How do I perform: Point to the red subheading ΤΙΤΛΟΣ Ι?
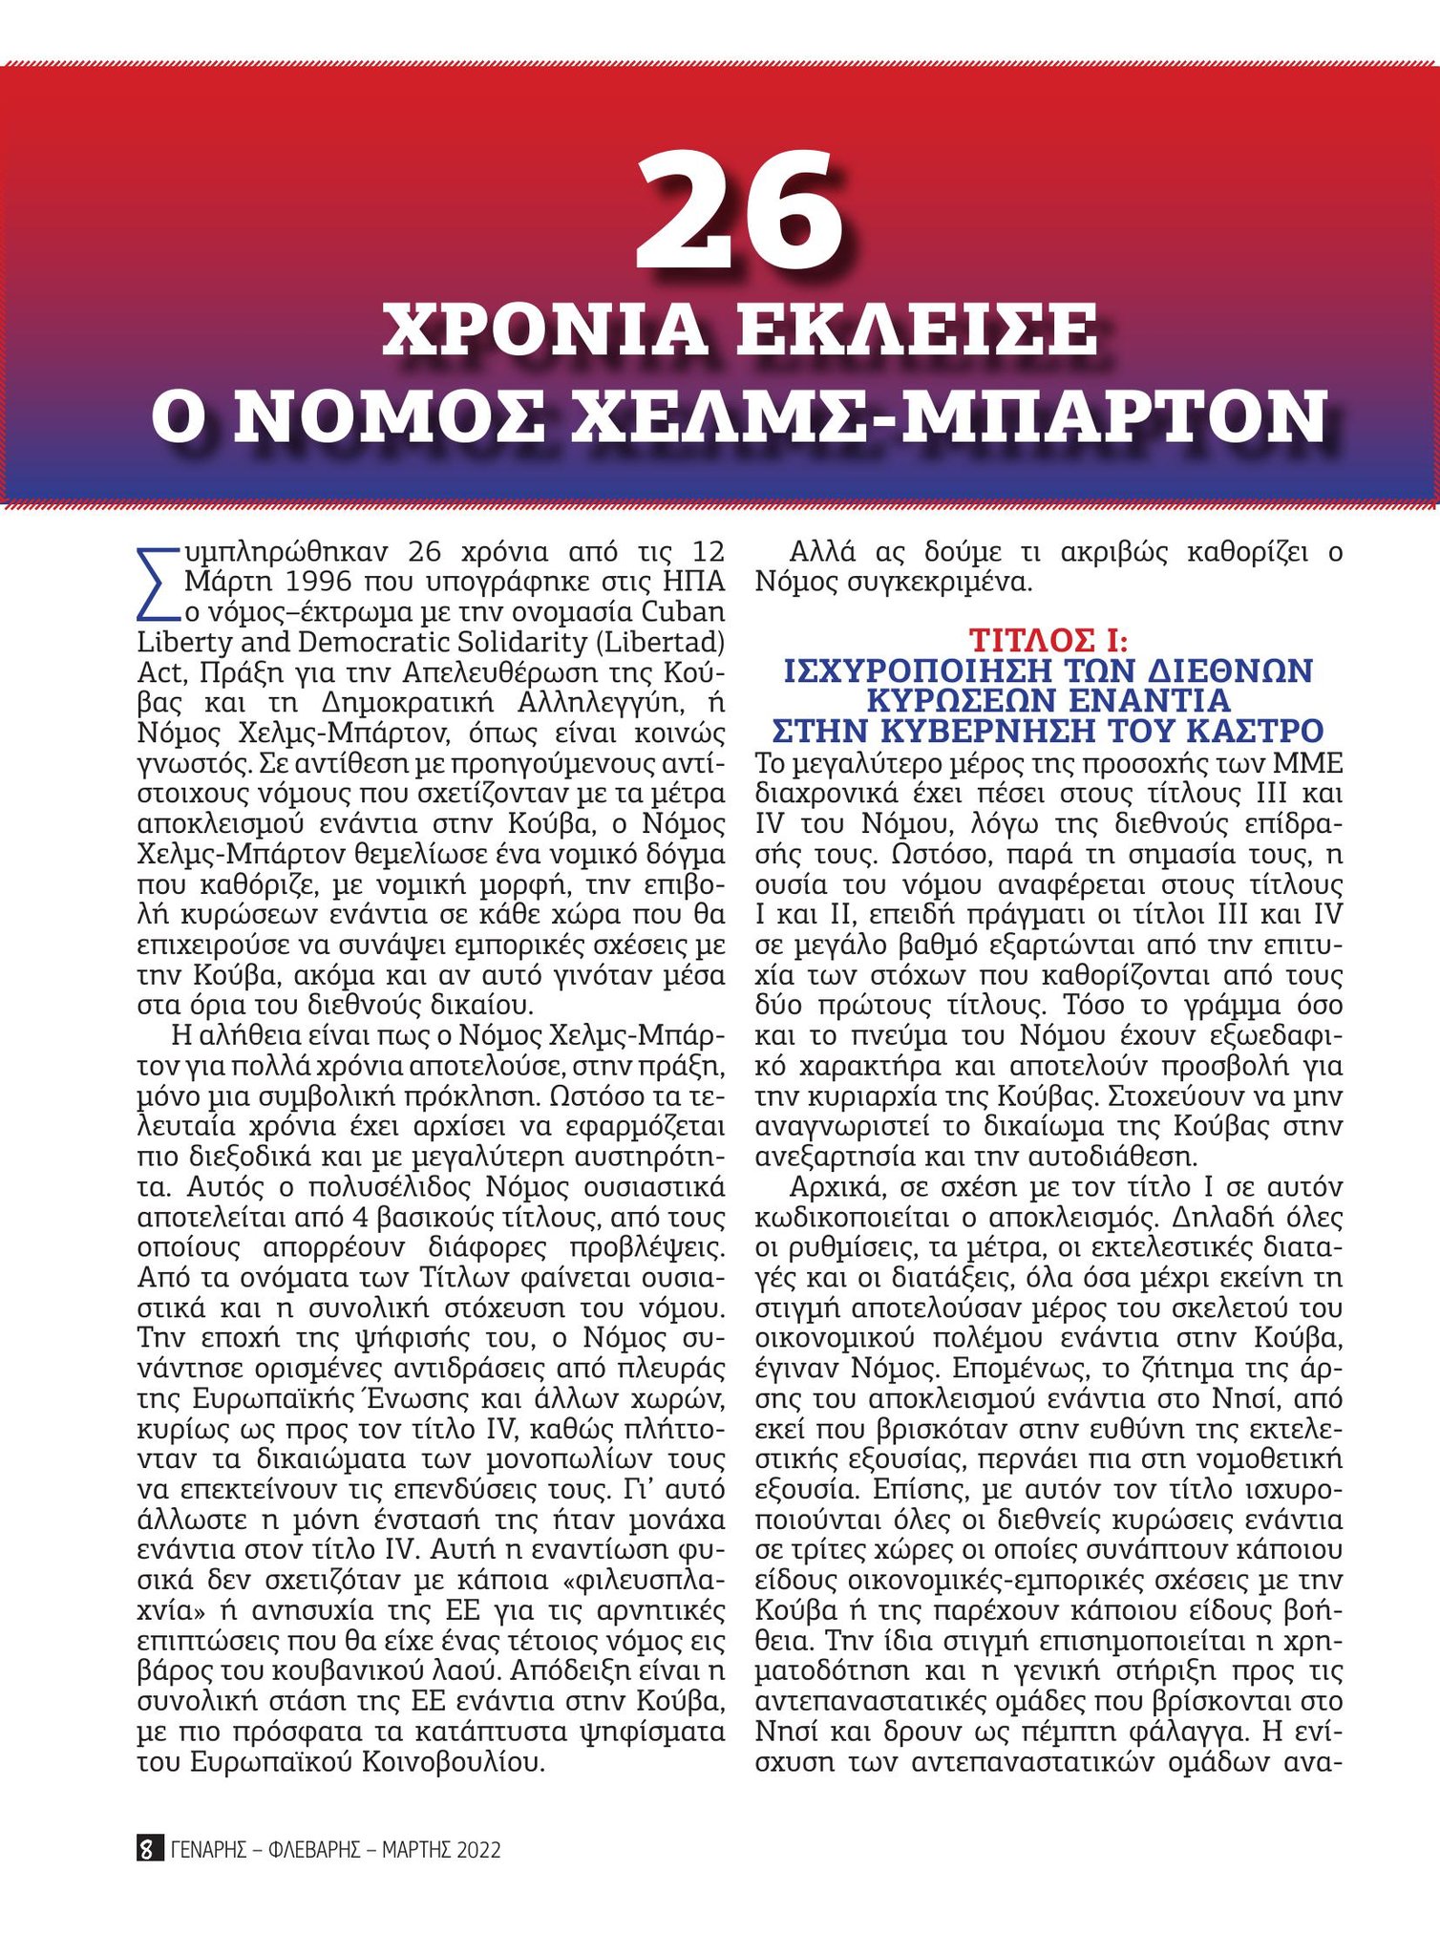pyautogui.click(x=1048, y=639)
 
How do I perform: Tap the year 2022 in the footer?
pyautogui.click(x=478, y=1849)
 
